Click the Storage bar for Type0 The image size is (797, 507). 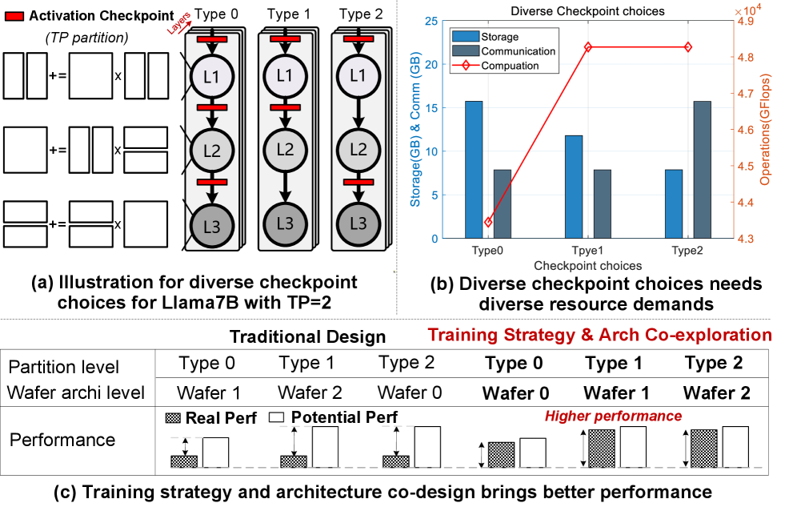click(474, 170)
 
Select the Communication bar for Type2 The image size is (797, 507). click(702, 170)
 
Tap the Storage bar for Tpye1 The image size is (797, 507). click(574, 187)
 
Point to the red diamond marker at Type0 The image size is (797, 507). click(489, 222)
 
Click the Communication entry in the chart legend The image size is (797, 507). click(518, 51)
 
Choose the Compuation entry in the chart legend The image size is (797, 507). click(510, 66)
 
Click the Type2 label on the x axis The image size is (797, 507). click(687, 251)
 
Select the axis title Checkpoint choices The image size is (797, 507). click(587, 265)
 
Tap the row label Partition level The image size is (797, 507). click(64, 367)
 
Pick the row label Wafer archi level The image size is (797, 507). click(76, 392)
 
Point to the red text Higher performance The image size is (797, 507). click(613, 416)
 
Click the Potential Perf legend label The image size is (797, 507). click(344, 417)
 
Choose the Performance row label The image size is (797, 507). click(62, 440)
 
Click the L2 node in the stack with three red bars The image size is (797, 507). click(211, 151)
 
